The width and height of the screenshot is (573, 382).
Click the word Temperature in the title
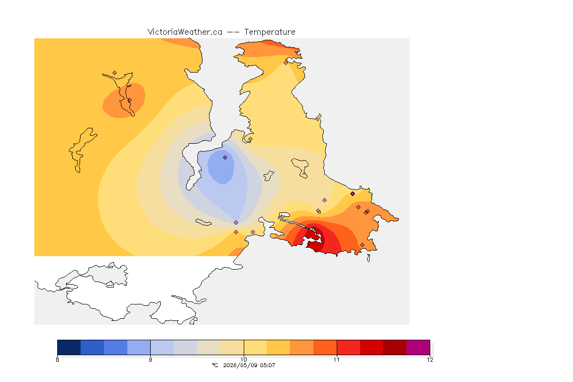click(x=270, y=32)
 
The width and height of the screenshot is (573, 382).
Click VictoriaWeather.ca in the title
click(x=185, y=32)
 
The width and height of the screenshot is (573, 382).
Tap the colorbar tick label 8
click(x=57, y=360)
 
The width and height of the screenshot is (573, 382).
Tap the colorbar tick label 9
click(x=151, y=360)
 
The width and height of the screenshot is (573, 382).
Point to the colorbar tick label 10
click(x=244, y=360)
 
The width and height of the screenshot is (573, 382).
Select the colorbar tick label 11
click(x=337, y=360)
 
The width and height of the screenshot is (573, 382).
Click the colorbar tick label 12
click(x=430, y=360)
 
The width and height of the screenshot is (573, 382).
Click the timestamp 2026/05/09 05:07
click(x=249, y=365)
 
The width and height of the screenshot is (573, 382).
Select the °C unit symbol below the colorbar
click(x=215, y=365)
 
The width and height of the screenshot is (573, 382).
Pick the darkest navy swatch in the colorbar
click(x=69, y=347)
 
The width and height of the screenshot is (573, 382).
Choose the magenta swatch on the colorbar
click(x=418, y=347)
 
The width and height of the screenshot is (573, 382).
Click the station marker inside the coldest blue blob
click(x=225, y=158)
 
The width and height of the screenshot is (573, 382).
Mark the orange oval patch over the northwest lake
click(x=124, y=100)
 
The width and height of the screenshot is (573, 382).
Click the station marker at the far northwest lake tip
click(x=115, y=73)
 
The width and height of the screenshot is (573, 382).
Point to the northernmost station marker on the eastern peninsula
click(x=286, y=63)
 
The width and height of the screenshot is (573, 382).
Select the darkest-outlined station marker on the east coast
click(x=353, y=194)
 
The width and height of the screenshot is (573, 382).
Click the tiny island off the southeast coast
click(x=369, y=258)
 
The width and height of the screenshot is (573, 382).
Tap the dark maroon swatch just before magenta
click(x=394, y=347)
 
